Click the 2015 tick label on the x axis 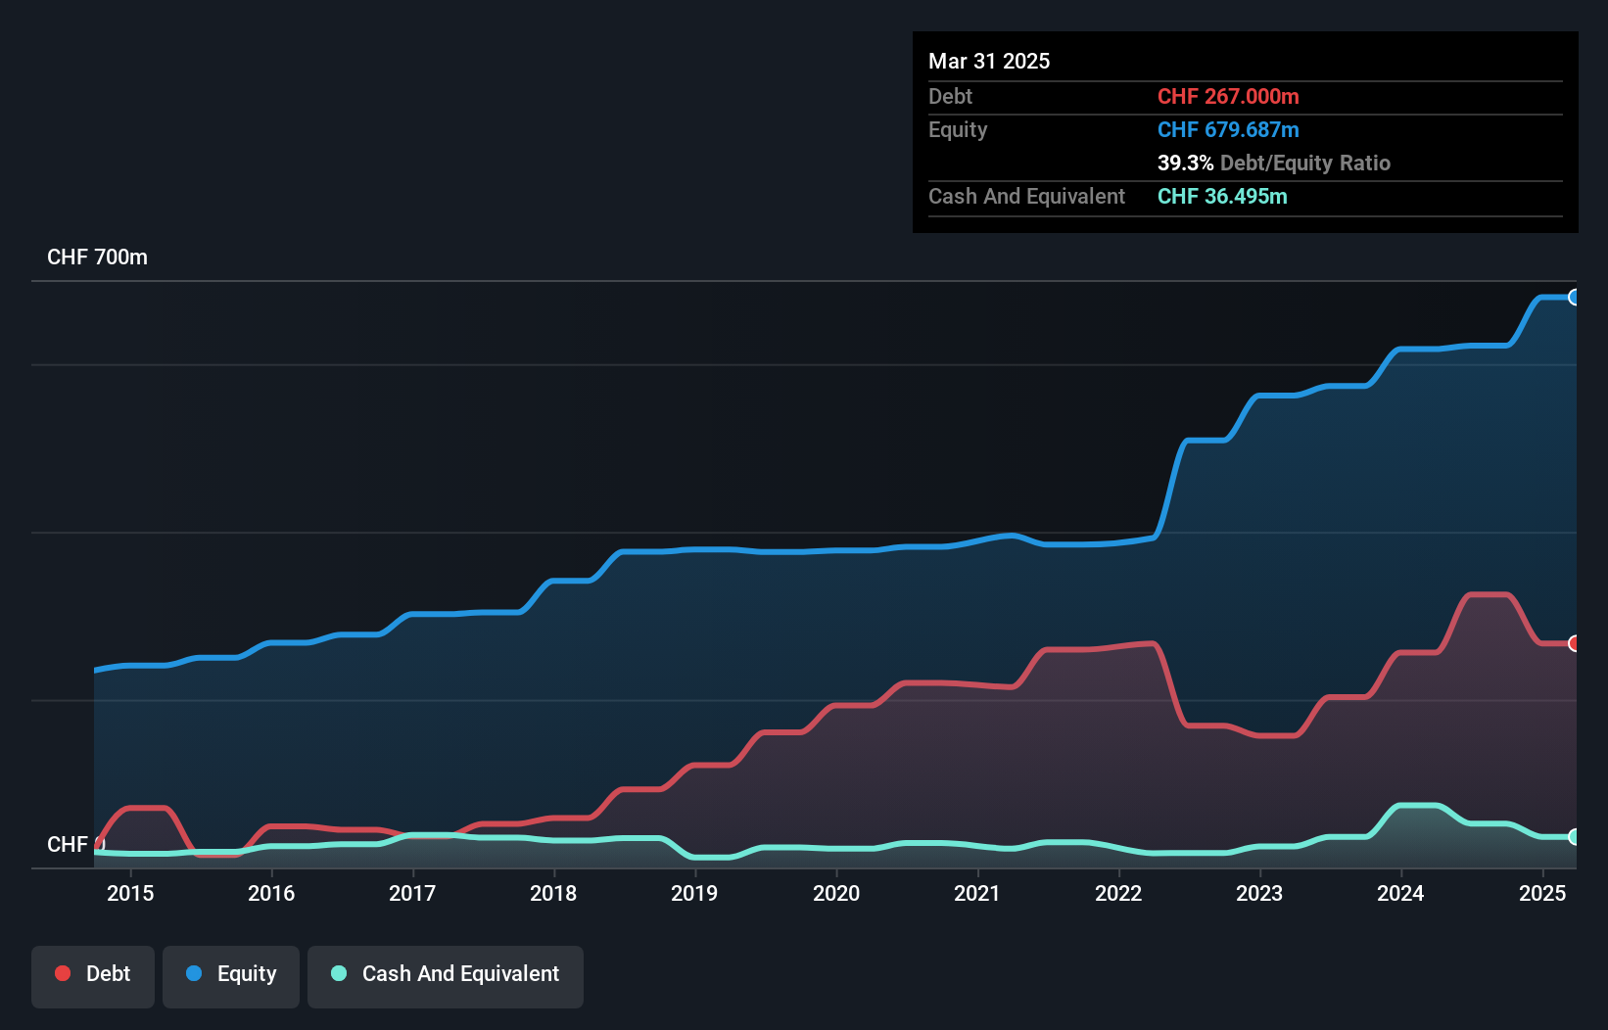tap(130, 893)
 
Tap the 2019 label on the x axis tap(694, 893)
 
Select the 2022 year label tap(1118, 893)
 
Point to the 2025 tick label tap(1542, 893)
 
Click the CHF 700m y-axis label tap(97, 257)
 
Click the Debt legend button tap(93, 974)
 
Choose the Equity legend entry tap(231, 974)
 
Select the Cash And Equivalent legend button tap(446, 974)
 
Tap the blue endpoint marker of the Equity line tap(1574, 298)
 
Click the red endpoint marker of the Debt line tap(1574, 643)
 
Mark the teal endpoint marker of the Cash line tap(1574, 837)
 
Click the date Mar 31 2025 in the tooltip tap(989, 62)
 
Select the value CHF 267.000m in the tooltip tap(1228, 97)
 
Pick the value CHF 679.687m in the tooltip tap(1228, 130)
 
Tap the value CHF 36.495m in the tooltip tap(1222, 197)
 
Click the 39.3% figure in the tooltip tap(1185, 164)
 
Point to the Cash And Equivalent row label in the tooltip tap(1026, 197)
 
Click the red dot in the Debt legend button tap(63, 973)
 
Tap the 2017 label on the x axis tap(412, 893)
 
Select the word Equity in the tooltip tap(958, 130)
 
